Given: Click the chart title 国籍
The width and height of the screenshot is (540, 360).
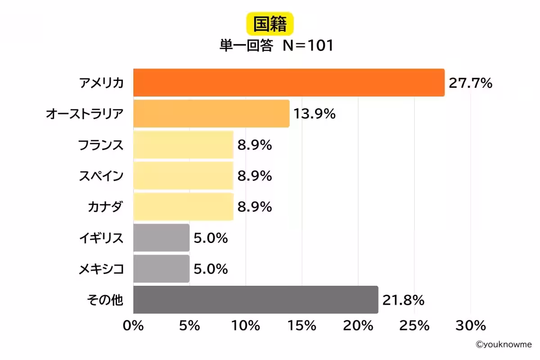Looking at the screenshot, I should (x=270, y=25).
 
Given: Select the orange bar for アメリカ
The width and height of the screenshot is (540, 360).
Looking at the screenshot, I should (x=289, y=83).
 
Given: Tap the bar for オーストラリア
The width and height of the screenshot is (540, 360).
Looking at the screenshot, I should (x=211, y=114).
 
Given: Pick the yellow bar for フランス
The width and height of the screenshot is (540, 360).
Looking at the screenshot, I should (x=183, y=145).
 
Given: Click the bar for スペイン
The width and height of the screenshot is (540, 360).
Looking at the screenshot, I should (x=183, y=176).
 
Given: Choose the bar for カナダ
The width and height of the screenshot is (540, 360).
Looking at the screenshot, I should (x=183, y=207).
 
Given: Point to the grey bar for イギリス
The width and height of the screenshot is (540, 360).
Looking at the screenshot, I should (x=162, y=238).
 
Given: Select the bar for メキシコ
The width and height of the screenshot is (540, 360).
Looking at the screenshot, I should (x=162, y=269).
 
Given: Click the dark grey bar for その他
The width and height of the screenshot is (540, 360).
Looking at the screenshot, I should (x=256, y=300).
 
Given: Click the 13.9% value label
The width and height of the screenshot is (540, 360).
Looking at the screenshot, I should (x=315, y=114).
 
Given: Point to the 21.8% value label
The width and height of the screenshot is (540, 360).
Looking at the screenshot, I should (x=403, y=300).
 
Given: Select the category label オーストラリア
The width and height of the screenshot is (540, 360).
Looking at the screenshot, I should (x=85, y=114).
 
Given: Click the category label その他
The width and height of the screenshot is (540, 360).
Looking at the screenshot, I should (x=104, y=300).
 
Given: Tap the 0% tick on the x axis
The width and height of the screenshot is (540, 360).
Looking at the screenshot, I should (x=133, y=326).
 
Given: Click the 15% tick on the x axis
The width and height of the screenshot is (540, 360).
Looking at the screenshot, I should (x=302, y=326).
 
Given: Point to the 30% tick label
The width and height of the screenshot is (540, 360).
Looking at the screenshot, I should (x=470, y=326).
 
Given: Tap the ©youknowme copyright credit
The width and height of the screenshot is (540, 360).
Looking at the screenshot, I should (x=504, y=344).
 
